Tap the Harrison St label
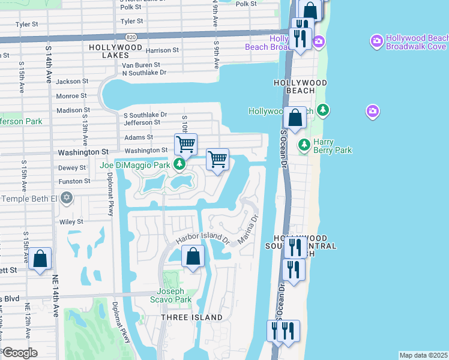(162, 51)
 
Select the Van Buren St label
(141, 65)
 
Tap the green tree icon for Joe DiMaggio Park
(179, 164)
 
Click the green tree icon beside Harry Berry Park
(304, 145)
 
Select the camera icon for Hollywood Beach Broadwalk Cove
(376, 41)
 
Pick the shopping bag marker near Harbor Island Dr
(193, 257)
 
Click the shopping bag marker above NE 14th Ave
(40, 259)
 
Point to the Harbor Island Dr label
(203, 238)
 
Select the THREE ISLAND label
(192, 317)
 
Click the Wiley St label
(71, 222)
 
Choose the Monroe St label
(71, 96)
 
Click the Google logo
(19, 352)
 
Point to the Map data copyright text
(423, 355)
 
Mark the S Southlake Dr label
(145, 115)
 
